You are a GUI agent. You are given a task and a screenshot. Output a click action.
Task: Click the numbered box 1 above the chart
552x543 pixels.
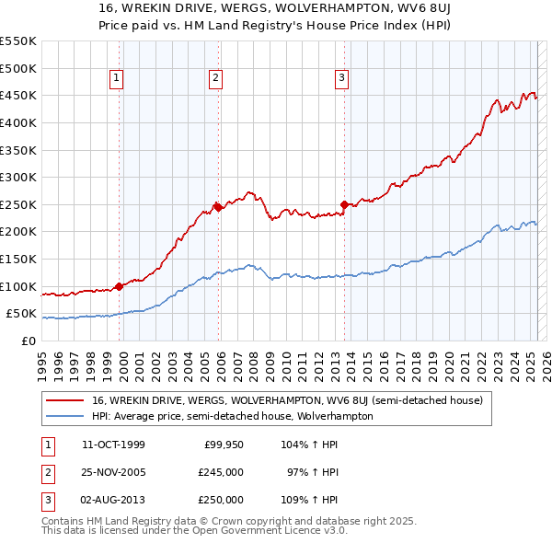[x=118, y=79]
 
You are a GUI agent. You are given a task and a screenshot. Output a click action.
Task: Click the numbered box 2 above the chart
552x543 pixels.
[x=214, y=79]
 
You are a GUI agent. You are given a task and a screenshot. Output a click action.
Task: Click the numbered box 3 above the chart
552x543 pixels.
[x=341, y=79]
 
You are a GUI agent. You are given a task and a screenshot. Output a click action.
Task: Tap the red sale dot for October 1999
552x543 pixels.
[x=120, y=286]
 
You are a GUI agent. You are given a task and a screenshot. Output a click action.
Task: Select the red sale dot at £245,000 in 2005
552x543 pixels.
[x=218, y=207]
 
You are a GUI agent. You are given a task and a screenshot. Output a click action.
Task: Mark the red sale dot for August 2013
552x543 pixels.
[x=344, y=204]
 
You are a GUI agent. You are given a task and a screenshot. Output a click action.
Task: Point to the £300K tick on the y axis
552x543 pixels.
[x=17, y=177]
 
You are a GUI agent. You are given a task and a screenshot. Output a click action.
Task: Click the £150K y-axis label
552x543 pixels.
[x=17, y=259]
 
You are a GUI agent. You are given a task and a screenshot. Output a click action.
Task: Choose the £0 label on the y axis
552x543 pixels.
[x=28, y=341]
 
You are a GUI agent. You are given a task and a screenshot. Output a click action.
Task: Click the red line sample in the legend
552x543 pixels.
[x=63, y=400]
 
